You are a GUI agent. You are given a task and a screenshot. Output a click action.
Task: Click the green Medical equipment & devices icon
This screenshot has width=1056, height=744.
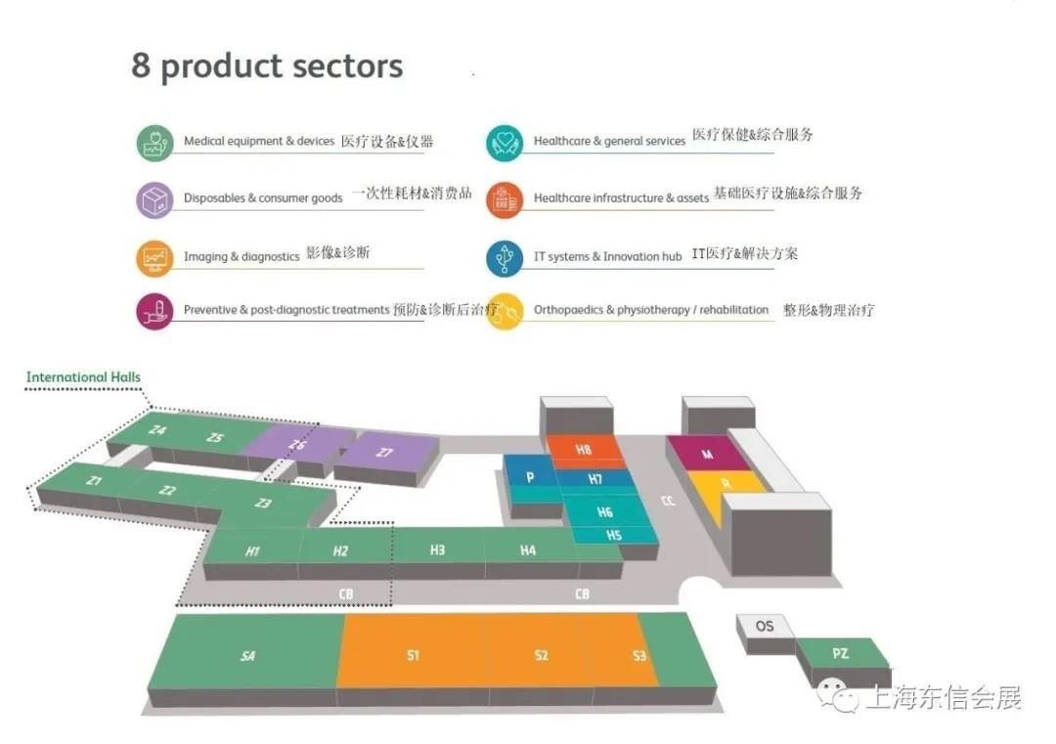pyautogui.click(x=154, y=143)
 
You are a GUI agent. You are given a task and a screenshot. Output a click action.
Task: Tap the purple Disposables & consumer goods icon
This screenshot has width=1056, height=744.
pyautogui.click(x=154, y=199)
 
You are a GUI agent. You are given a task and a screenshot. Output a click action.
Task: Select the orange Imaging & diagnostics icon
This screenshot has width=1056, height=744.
pyautogui.click(x=154, y=257)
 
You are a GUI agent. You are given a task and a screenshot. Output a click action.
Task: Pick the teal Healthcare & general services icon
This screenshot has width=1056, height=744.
pyautogui.click(x=505, y=143)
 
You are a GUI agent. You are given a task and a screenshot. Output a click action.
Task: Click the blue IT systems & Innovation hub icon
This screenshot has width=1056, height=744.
pyautogui.click(x=505, y=257)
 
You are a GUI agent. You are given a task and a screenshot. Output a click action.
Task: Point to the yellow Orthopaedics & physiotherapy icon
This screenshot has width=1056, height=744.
pyautogui.click(x=505, y=312)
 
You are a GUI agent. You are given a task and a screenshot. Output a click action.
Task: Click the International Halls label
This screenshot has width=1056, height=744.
pyautogui.click(x=83, y=377)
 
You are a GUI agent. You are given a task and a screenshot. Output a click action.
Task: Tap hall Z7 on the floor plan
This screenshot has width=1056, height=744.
pyautogui.click(x=384, y=452)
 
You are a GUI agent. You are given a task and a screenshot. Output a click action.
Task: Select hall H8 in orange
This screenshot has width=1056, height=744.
pyautogui.click(x=584, y=450)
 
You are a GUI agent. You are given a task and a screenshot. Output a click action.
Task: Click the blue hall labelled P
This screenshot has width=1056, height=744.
pyautogui.click(x=530, y=476)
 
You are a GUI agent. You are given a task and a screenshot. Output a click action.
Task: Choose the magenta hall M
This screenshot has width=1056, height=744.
pyautogui.click(x=707, y=455)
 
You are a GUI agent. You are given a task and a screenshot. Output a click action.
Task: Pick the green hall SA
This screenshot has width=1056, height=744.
pyautogui.click(x=248, y=655)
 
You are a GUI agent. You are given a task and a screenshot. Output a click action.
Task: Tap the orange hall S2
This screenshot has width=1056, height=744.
pyautogui.click(x=541, y=655)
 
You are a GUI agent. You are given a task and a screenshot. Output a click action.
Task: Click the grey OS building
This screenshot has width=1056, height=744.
pyautogui.click(x=765, y=626)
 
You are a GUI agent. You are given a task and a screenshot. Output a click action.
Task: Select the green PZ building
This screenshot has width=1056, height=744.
pyautogui.click(x=840, y=653)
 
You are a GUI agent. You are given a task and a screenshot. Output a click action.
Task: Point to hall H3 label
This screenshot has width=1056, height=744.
pyautogui.click(x=437, y=550)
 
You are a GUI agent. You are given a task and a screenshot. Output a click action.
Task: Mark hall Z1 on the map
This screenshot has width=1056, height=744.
pyautogui.click(x=94, y=481)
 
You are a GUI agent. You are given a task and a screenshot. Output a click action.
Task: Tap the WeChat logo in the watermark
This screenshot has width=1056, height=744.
pyautogui.click(x=838, y=695)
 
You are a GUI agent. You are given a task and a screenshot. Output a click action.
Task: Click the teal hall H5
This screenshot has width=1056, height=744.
pyautogui.click(x=614, y=536)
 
